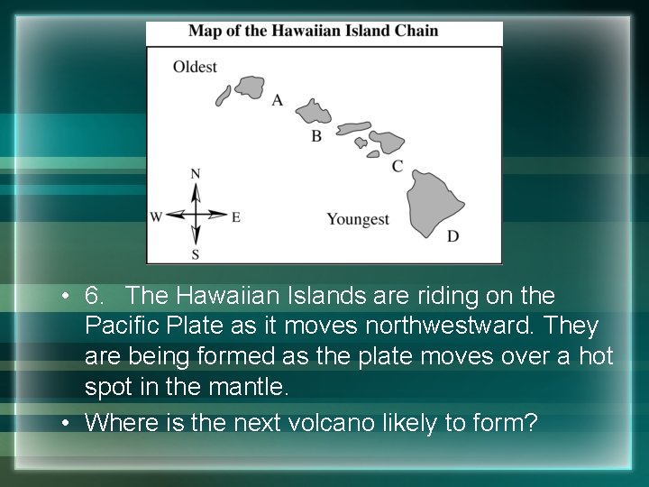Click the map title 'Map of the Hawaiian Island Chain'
click(313, 31)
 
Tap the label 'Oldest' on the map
click(195, 67)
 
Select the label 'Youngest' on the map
click(358, 219)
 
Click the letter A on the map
click(277, 99)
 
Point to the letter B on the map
click(316, 136)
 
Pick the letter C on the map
click(397, 166)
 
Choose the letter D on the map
click(452, 236)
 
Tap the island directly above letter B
click(315, 111)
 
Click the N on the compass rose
click(196, 173)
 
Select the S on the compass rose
click(196, 255)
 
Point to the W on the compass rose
click(156, 216)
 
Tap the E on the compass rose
click(236, 216)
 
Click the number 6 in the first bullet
click(93, 296)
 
